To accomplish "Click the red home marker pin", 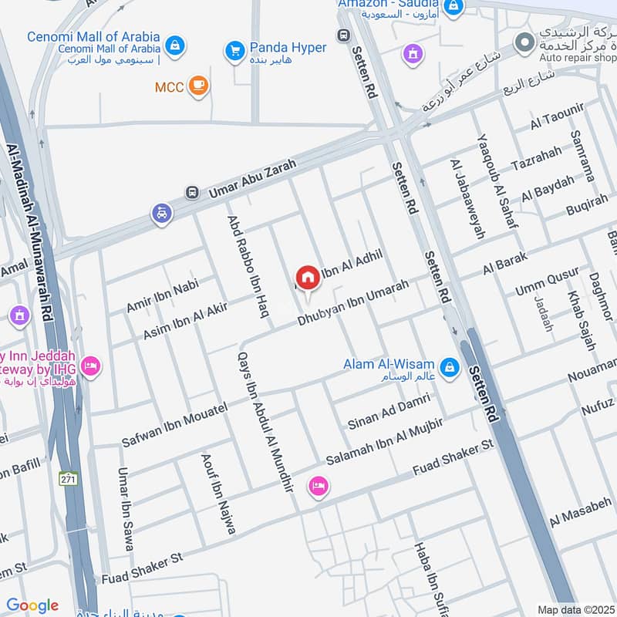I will pos(308,278).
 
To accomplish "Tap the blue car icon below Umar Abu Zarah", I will pos(162,213).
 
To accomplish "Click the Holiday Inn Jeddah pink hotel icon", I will pos(90,366).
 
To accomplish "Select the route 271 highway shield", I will pos(69,478).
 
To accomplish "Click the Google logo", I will pos(32,605).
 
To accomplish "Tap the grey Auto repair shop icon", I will pos(524,43).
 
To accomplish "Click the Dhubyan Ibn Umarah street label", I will pos(353,302).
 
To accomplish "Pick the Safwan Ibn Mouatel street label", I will pos(174,425).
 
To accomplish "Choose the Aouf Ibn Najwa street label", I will pos(217,494).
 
